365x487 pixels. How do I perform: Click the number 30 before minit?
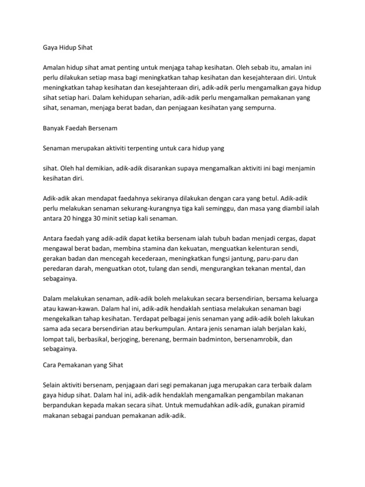click(96, 218)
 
